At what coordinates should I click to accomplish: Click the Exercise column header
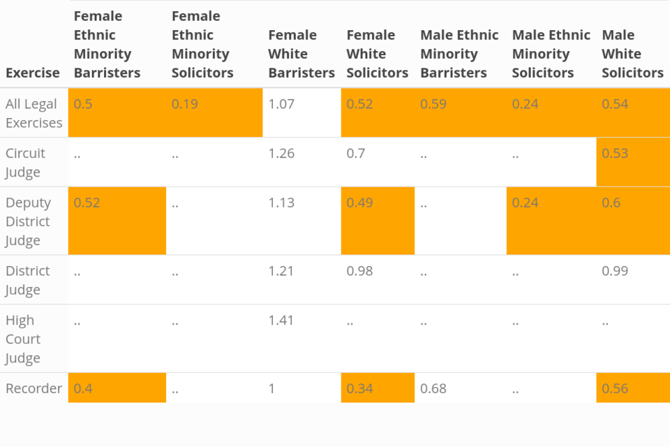pos(33,73)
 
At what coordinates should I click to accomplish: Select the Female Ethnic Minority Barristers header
pos(107,44)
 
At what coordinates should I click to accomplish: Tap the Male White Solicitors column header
pos(632,54)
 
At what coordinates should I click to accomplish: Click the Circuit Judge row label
pos(26,162)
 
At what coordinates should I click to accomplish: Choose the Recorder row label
pos(33,388)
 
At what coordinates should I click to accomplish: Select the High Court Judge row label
pos(23,339)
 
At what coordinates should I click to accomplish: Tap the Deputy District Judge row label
pos(28,221)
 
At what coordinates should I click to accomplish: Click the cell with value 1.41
pos(281,321)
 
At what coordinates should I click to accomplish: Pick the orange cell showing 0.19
pos(185,104)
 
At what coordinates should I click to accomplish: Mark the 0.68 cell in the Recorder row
pos(433,388)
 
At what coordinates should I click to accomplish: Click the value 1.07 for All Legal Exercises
pos(281,104)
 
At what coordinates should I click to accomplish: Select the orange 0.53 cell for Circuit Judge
pos(615,154)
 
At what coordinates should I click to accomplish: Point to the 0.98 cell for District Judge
pos(359,271)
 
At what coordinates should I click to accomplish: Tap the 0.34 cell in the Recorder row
pos(359,388)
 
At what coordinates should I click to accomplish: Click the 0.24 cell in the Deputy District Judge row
pos(526,203)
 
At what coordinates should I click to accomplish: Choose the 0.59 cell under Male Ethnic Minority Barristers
pos(433,104)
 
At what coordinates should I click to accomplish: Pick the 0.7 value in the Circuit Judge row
pos(356,154)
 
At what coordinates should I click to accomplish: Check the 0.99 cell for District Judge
pos(615,271)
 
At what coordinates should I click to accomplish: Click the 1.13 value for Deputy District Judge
pos(281,203)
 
